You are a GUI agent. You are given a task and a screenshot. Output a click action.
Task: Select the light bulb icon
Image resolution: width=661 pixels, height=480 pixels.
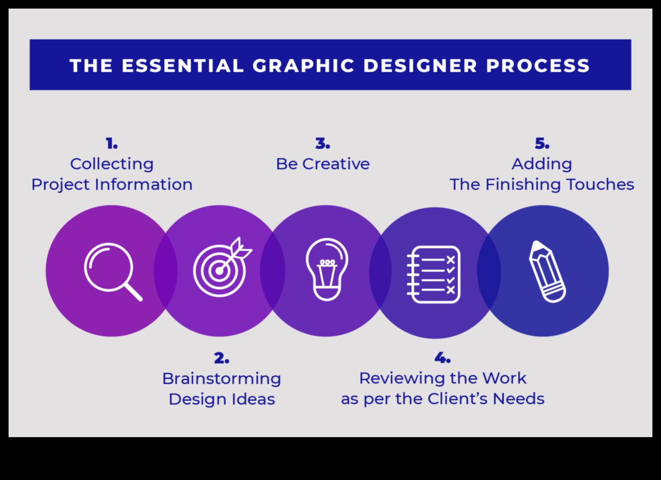pyautogui.click(x=327, y=269)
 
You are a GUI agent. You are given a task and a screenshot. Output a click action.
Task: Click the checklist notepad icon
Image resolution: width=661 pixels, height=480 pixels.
pyautogui.click(x=434, y=274)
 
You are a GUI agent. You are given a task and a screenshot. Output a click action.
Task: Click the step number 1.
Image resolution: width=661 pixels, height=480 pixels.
pyautogui.click(x=112, y=144)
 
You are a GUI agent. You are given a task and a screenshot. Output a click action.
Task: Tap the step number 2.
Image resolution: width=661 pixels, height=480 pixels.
pyautogui.click(x=221, y=358)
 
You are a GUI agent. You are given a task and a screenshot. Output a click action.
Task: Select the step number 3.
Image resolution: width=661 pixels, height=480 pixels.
pyautogui.click(x=323, y=144)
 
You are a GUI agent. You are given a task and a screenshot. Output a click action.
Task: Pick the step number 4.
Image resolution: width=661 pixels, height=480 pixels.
pyautogui.click(x=442, y=357)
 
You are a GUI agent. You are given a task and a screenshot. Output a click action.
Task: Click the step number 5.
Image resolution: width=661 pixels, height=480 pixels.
pyautogui.click(x=542, y=144)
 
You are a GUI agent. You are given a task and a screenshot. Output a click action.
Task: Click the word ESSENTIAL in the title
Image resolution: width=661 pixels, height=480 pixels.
pyautogui.click(x=183, y=66)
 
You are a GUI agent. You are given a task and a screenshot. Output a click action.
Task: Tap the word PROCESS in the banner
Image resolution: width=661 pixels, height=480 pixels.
pyautogui.click(x=538, y=66)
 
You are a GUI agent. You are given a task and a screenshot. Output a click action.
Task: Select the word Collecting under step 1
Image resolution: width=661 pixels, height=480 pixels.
pyautogui.click(x=112, y=164)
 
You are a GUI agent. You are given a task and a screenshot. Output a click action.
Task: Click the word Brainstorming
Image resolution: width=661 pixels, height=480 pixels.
pyautogui.click(x=221, y=378)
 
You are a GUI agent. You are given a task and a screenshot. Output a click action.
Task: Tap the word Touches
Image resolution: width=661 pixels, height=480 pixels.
pyautogui.click(x=600, y=184)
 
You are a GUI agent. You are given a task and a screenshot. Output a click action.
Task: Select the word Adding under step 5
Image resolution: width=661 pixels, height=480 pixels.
pyautogui.click(x=542, y=164)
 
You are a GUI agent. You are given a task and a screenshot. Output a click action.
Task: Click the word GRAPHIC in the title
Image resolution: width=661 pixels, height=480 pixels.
pyautogui.click(x=303, y=66)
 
